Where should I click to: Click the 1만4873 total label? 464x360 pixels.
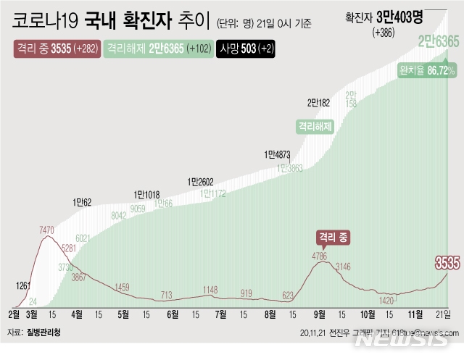pyautogui.click(x=280, y=154)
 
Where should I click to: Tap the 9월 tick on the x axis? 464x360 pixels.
pyautogui.click(x=319, y=314)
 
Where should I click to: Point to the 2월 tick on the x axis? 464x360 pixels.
pyautogui.click(x=14, y=314)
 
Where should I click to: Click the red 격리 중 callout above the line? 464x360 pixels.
pyautogui.click(x=333, y=237)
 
